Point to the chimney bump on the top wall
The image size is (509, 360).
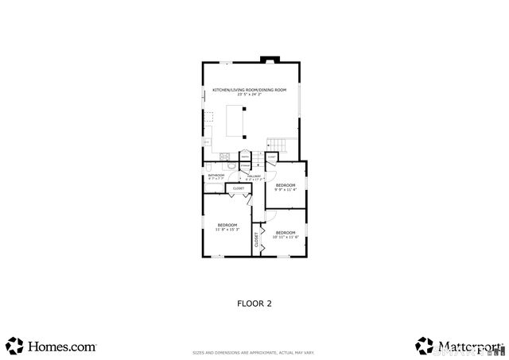[x=270, y=59]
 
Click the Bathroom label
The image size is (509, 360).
[x=216, y=175]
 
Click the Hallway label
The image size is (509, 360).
[x=254, y=176]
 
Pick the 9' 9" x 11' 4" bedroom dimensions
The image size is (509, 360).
[x=286, y=189]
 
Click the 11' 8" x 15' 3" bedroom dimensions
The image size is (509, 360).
[x=227, y=230]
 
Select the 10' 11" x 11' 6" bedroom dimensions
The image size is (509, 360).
[x=286, y=237]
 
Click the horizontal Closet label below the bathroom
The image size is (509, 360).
[x=239, y=188]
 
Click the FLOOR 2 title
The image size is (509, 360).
[x=254, y=303]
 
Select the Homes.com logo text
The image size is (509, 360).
[x=62, y=346]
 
